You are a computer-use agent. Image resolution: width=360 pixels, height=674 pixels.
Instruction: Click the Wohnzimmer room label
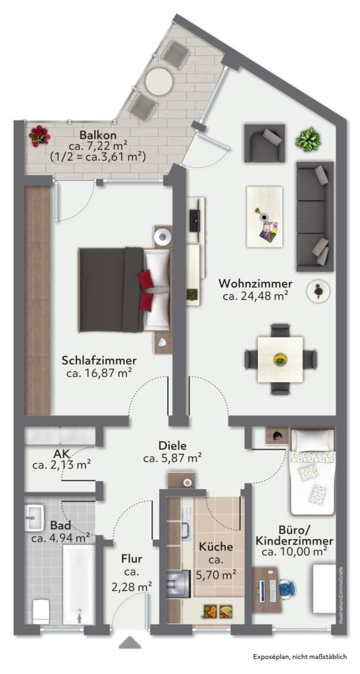[x=255, y=284]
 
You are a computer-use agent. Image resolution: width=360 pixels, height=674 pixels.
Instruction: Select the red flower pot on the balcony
[x=39, y=136]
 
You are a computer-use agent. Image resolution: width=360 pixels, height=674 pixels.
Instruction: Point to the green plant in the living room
[x=308, y=140]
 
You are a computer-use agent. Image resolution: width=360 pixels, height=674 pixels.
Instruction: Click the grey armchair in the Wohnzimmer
[x=264, y=143]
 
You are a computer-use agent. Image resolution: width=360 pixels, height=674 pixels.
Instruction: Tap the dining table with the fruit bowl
[x=280, y=359]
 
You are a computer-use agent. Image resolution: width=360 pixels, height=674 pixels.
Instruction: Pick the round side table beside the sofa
[x=318, y=291]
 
